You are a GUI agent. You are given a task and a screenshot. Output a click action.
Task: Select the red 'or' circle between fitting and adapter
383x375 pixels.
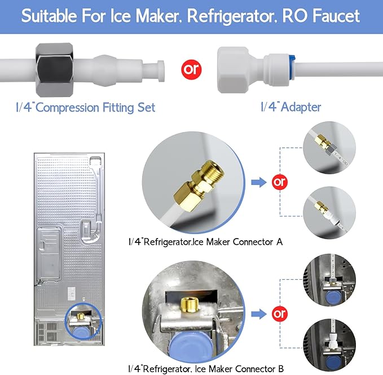click(191, 70)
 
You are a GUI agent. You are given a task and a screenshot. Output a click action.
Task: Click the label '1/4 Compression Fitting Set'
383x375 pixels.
click(86, 107)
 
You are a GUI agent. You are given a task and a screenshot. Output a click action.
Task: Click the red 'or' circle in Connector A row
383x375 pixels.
click(279, 182)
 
